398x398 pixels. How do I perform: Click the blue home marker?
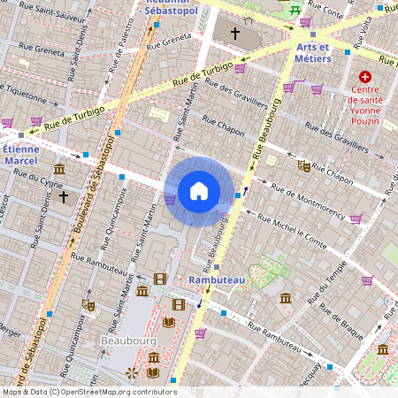[199, 191]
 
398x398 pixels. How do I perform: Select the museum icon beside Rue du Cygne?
[58, 169]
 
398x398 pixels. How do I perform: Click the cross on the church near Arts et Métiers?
[235, 33]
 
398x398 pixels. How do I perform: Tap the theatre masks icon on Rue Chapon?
[304, 165]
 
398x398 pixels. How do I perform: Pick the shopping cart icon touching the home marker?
[169, 199]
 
